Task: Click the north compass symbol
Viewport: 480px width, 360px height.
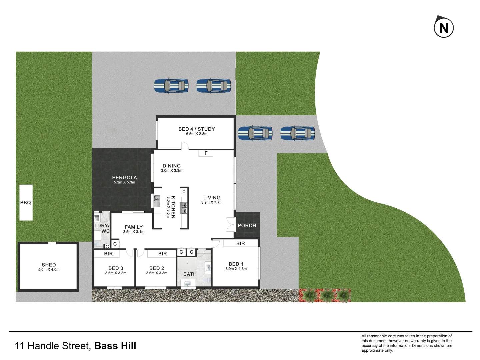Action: tap(444, 27)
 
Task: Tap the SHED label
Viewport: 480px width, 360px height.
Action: tap(49, 265)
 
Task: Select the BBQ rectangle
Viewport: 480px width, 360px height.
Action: tap(26, 203)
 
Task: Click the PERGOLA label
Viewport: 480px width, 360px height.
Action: tap(124, 178)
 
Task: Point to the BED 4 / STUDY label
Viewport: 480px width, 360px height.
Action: tap(197, 129)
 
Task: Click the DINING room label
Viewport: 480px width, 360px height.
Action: tap(172, 166)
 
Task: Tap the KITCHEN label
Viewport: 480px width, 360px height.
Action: tap(173, 207)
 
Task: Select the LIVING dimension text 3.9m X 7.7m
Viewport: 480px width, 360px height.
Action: tap(212, 203)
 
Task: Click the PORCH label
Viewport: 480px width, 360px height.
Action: tap(247, 226)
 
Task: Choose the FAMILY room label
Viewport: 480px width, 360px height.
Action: tap(134, 227)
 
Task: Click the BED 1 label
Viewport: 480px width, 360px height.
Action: tap(236, 264)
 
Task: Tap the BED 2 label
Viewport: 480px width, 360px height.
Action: tap(157, 268)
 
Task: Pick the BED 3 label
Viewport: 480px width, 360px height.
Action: tap(116, 268)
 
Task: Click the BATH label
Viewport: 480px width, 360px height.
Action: tap(190, 274)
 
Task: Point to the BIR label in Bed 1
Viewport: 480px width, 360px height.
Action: tap(241, 244)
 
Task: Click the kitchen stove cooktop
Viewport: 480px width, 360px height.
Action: tap(184, 208)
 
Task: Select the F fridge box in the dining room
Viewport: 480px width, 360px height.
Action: tap(206, 153)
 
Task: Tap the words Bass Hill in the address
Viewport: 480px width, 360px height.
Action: tap(115, 346)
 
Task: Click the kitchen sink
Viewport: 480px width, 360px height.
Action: tap(156, 201)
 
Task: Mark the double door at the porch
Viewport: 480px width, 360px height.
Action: tap(231, 225)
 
